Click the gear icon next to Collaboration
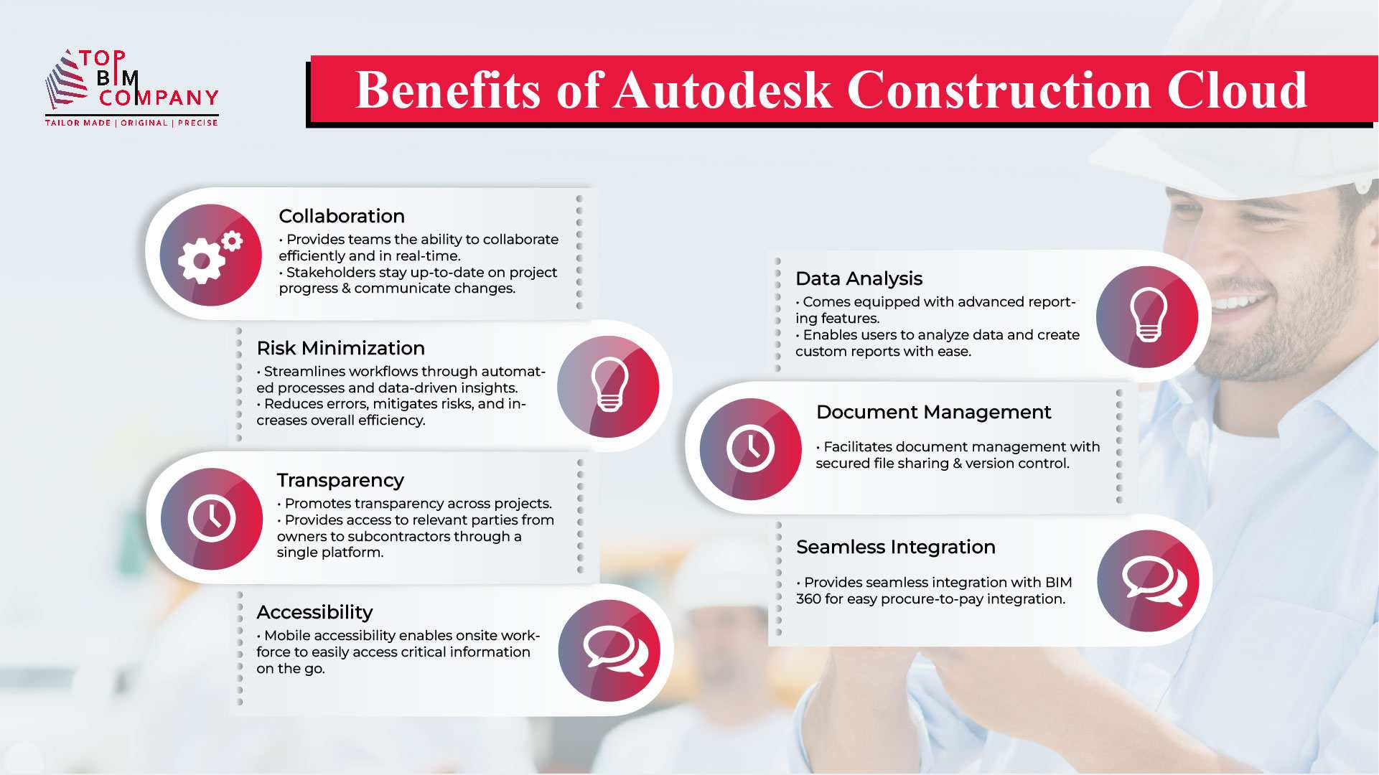tap(210, 255)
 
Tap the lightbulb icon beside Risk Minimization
tap(609, 387)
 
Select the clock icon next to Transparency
tap(212, 519)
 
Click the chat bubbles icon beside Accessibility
tap(609, 651)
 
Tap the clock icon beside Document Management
tap(750, 449)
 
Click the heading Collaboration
tap(342, 216)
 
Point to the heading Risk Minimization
tap(340, 348)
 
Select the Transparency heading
tap(340, 480)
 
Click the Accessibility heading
tap(314, 612)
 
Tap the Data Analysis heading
tap(859, 278)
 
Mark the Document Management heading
tap(933, 412)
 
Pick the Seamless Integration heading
tap(895, 547)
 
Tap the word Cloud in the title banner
tap(1236, 90)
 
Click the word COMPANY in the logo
tap(159, 98)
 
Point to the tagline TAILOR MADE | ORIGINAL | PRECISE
tap(131, 123)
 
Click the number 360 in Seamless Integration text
tap(808, 599)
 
